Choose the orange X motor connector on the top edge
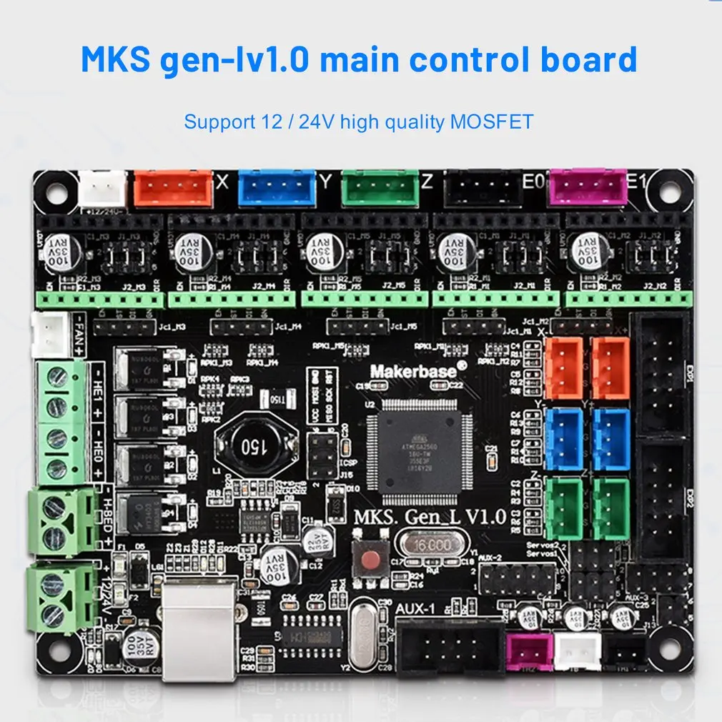pyautogui.click(x=174, y=188)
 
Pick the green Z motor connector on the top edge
pyautogui.click(x=380, y=187)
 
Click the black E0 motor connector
pyautogui.click(x=483, y=187)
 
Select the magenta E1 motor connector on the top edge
pyautogui.click(x=586, y=187)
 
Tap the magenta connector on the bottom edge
pyautogui.click(x=529, y=651)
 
